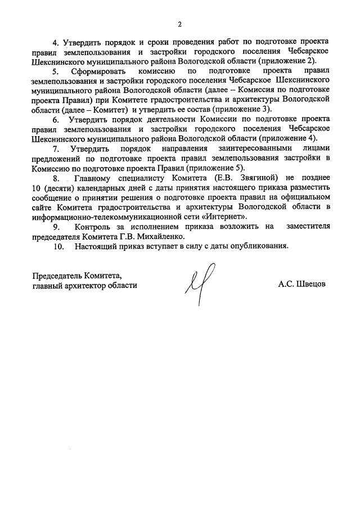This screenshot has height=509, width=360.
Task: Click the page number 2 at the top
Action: pos(180,24)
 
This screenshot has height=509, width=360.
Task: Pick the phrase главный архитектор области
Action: pos(84,285)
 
